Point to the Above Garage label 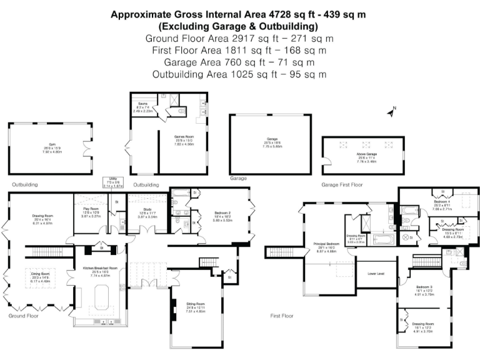363,157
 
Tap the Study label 147,209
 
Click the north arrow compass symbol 392,112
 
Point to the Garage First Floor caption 342,185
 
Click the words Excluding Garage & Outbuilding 238,26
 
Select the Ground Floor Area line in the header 238,38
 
